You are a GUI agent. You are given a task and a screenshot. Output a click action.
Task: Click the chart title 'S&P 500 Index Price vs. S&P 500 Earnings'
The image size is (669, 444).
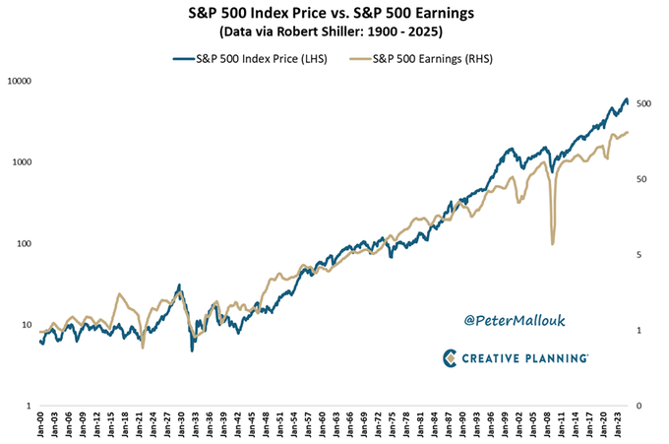(334, 14)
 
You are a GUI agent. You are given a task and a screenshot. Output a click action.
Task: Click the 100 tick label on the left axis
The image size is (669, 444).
(24, 243)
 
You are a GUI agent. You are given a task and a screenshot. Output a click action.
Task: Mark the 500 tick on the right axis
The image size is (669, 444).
(646, 103)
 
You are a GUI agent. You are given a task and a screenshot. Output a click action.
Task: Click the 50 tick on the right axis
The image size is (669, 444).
(644, 179)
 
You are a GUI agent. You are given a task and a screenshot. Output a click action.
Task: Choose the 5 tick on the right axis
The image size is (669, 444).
(641, 255)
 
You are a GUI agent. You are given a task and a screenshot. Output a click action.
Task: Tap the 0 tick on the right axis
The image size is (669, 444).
(641, 406)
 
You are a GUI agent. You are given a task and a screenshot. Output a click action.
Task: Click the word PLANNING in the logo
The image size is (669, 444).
(551, 358)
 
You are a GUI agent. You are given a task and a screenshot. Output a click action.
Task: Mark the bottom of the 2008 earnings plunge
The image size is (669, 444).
(553, 243)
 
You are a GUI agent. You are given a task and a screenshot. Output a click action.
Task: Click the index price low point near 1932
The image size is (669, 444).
(192, 349)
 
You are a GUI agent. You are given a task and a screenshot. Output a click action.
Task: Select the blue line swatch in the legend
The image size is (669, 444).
(185, 59)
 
